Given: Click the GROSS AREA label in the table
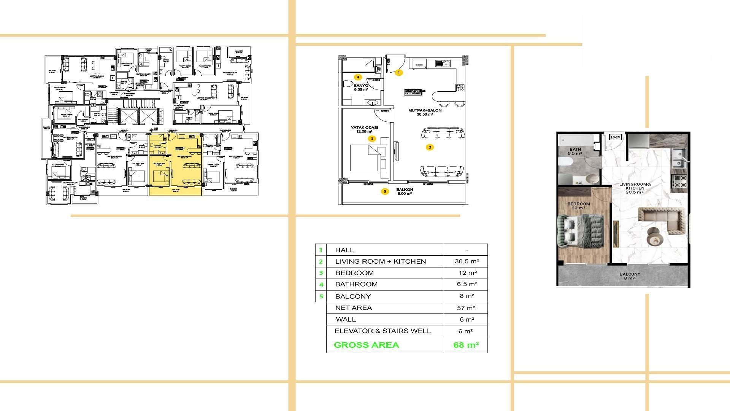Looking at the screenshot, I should click(x=366, y=345).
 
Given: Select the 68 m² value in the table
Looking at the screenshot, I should click(x=466, y=345).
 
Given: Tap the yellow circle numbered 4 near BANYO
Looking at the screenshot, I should click(x=358, y=77).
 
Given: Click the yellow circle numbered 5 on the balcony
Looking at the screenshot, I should click(x=385, y=191).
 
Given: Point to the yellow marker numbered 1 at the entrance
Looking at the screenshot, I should click(x=398, y=72).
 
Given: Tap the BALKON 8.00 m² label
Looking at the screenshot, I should click(x=404, y=191).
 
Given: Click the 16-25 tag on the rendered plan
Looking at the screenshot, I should click(x=615, y=137).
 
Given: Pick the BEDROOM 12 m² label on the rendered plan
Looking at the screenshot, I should click(x=579, y=206).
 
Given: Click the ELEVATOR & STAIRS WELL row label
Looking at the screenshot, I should click(x=382, y=331).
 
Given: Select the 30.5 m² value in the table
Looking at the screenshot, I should click(x=467, y=261).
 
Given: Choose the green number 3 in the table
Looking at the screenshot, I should click(x=321, y=273).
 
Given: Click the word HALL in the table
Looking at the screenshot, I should click(x=344, y=250).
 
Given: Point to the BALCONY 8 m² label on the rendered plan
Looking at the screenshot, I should click(x=630, y=276).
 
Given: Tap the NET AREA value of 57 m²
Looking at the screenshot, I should click(x=466, y=308).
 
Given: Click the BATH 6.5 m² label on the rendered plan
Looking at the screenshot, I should click(x=575, y=151).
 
